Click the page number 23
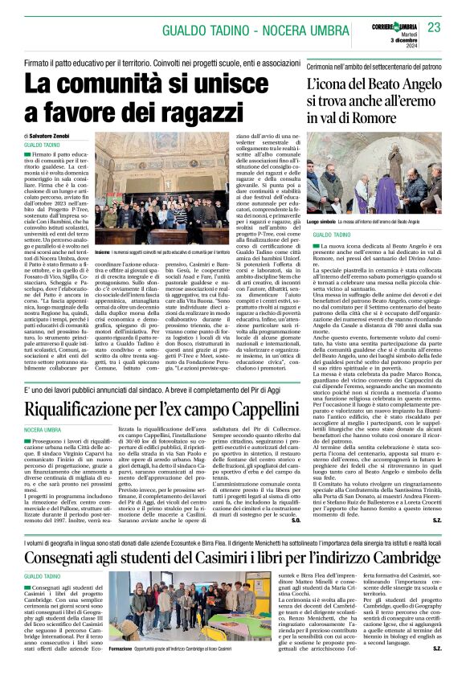point(435,27)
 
